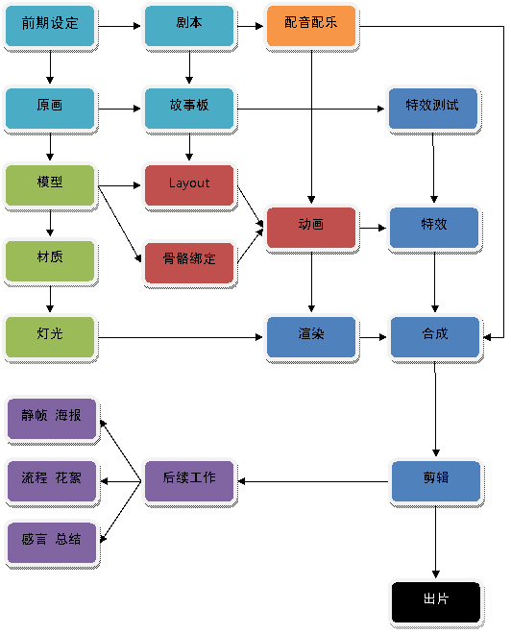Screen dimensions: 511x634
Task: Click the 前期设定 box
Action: click(50, 26)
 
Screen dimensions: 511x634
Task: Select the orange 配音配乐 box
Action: click(311, 26)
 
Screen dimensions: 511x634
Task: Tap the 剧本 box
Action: click(189, 26)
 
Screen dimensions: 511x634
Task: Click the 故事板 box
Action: click(189, 109)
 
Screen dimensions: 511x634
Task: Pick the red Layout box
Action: click(189, 186)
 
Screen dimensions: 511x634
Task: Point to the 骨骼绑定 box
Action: click(189, 263)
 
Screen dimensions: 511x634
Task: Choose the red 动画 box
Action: click(311, 228)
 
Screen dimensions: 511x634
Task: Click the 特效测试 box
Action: click(433, 109)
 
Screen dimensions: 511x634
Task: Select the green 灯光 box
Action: click(50, 337)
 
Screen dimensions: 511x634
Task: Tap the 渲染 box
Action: click(311, 337)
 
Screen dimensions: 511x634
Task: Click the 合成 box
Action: click(435, 337)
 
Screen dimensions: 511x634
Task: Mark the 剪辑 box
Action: click(436, 481)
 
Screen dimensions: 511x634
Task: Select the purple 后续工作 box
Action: click(189, 481)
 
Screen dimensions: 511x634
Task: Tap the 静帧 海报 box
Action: click(52, 419)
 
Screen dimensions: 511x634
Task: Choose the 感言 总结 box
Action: click(52, 543)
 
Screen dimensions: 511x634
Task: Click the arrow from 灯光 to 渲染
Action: click(181, 337)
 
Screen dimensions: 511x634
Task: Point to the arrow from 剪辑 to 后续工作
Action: click(313, 481)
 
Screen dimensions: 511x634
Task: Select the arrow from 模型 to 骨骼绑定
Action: click(120, 224)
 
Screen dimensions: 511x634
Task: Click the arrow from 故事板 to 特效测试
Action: click(310, 109)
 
